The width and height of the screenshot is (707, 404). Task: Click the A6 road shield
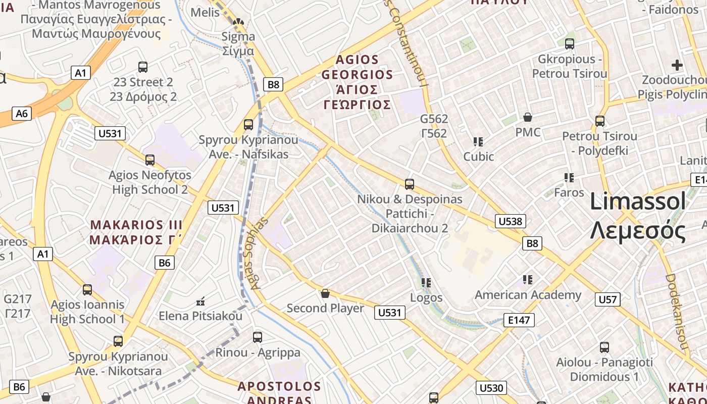22,113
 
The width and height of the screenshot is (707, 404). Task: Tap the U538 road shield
511,221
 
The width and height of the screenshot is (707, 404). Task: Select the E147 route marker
519,320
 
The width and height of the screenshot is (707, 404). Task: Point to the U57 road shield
608,299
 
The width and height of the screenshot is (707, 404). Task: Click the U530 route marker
491,388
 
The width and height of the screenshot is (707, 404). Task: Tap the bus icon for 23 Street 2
143,67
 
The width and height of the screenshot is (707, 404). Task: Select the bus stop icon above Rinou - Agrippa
258,337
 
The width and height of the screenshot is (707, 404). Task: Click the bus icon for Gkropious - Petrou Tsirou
570,44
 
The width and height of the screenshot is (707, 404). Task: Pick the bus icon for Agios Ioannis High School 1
87,290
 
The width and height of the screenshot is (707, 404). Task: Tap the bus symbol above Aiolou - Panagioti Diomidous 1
604,347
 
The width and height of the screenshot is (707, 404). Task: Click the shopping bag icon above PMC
528,117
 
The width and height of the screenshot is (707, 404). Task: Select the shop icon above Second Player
325,293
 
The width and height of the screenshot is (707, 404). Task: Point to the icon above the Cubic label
478,141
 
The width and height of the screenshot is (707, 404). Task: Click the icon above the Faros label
569,177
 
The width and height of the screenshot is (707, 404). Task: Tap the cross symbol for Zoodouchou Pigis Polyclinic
677,65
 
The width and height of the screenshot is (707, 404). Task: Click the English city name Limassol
638,201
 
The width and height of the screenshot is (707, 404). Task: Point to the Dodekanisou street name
677,312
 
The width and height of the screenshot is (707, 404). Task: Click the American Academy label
528,295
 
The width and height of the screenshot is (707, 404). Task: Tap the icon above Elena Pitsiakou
200,301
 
